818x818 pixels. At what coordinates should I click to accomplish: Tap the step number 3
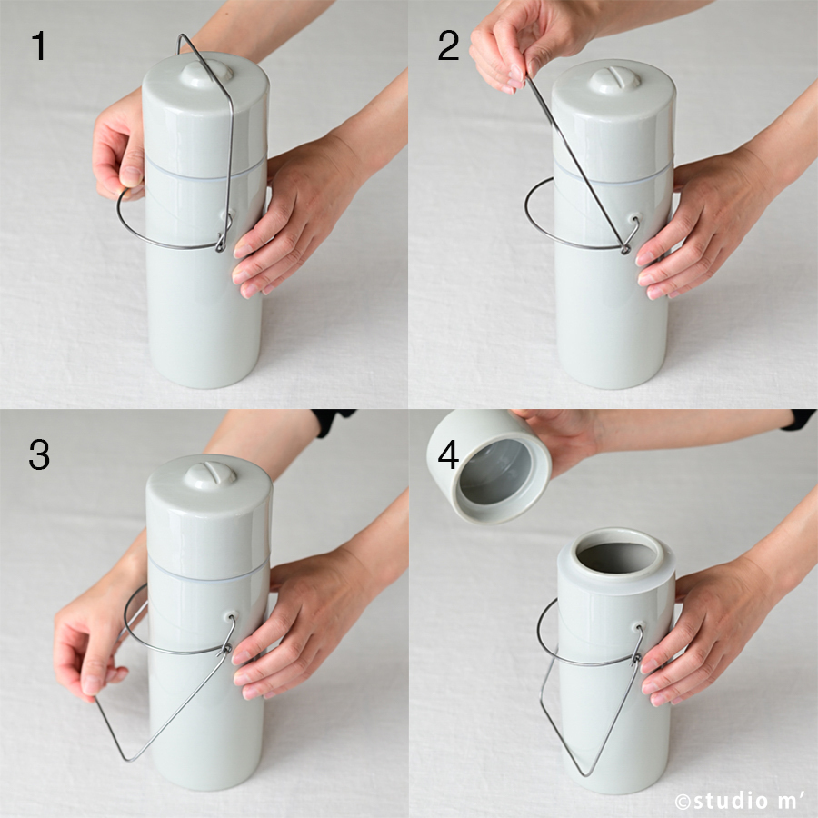pyautogui.click(x=39, y=454)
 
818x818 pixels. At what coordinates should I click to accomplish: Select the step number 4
pyautogui.click(x=448, y=454)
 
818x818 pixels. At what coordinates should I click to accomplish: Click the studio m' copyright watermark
pyautogui.click(x=743, y=800)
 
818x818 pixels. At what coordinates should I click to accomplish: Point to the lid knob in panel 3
pyautogui.click(x=211, y=474)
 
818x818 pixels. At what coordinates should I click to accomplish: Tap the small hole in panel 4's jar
pyautogui.click(x=637, y=626)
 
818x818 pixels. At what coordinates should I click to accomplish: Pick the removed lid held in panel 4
pyautogui.click(x=488, y=464)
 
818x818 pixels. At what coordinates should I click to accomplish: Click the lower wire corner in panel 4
pyautogui.click(x=584, y=773)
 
